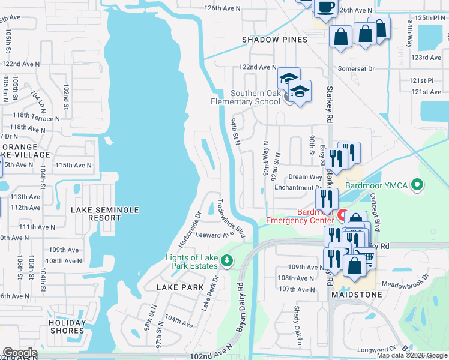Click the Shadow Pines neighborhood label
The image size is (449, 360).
[274, 40]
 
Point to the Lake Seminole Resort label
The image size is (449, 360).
[104, 214]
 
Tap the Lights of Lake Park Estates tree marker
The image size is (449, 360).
[226, 260]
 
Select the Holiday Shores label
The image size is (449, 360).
[67, 326]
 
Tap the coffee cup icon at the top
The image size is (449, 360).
[325, 7]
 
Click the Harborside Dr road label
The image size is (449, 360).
[189, 230]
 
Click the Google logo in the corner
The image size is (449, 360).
[19, 353]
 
